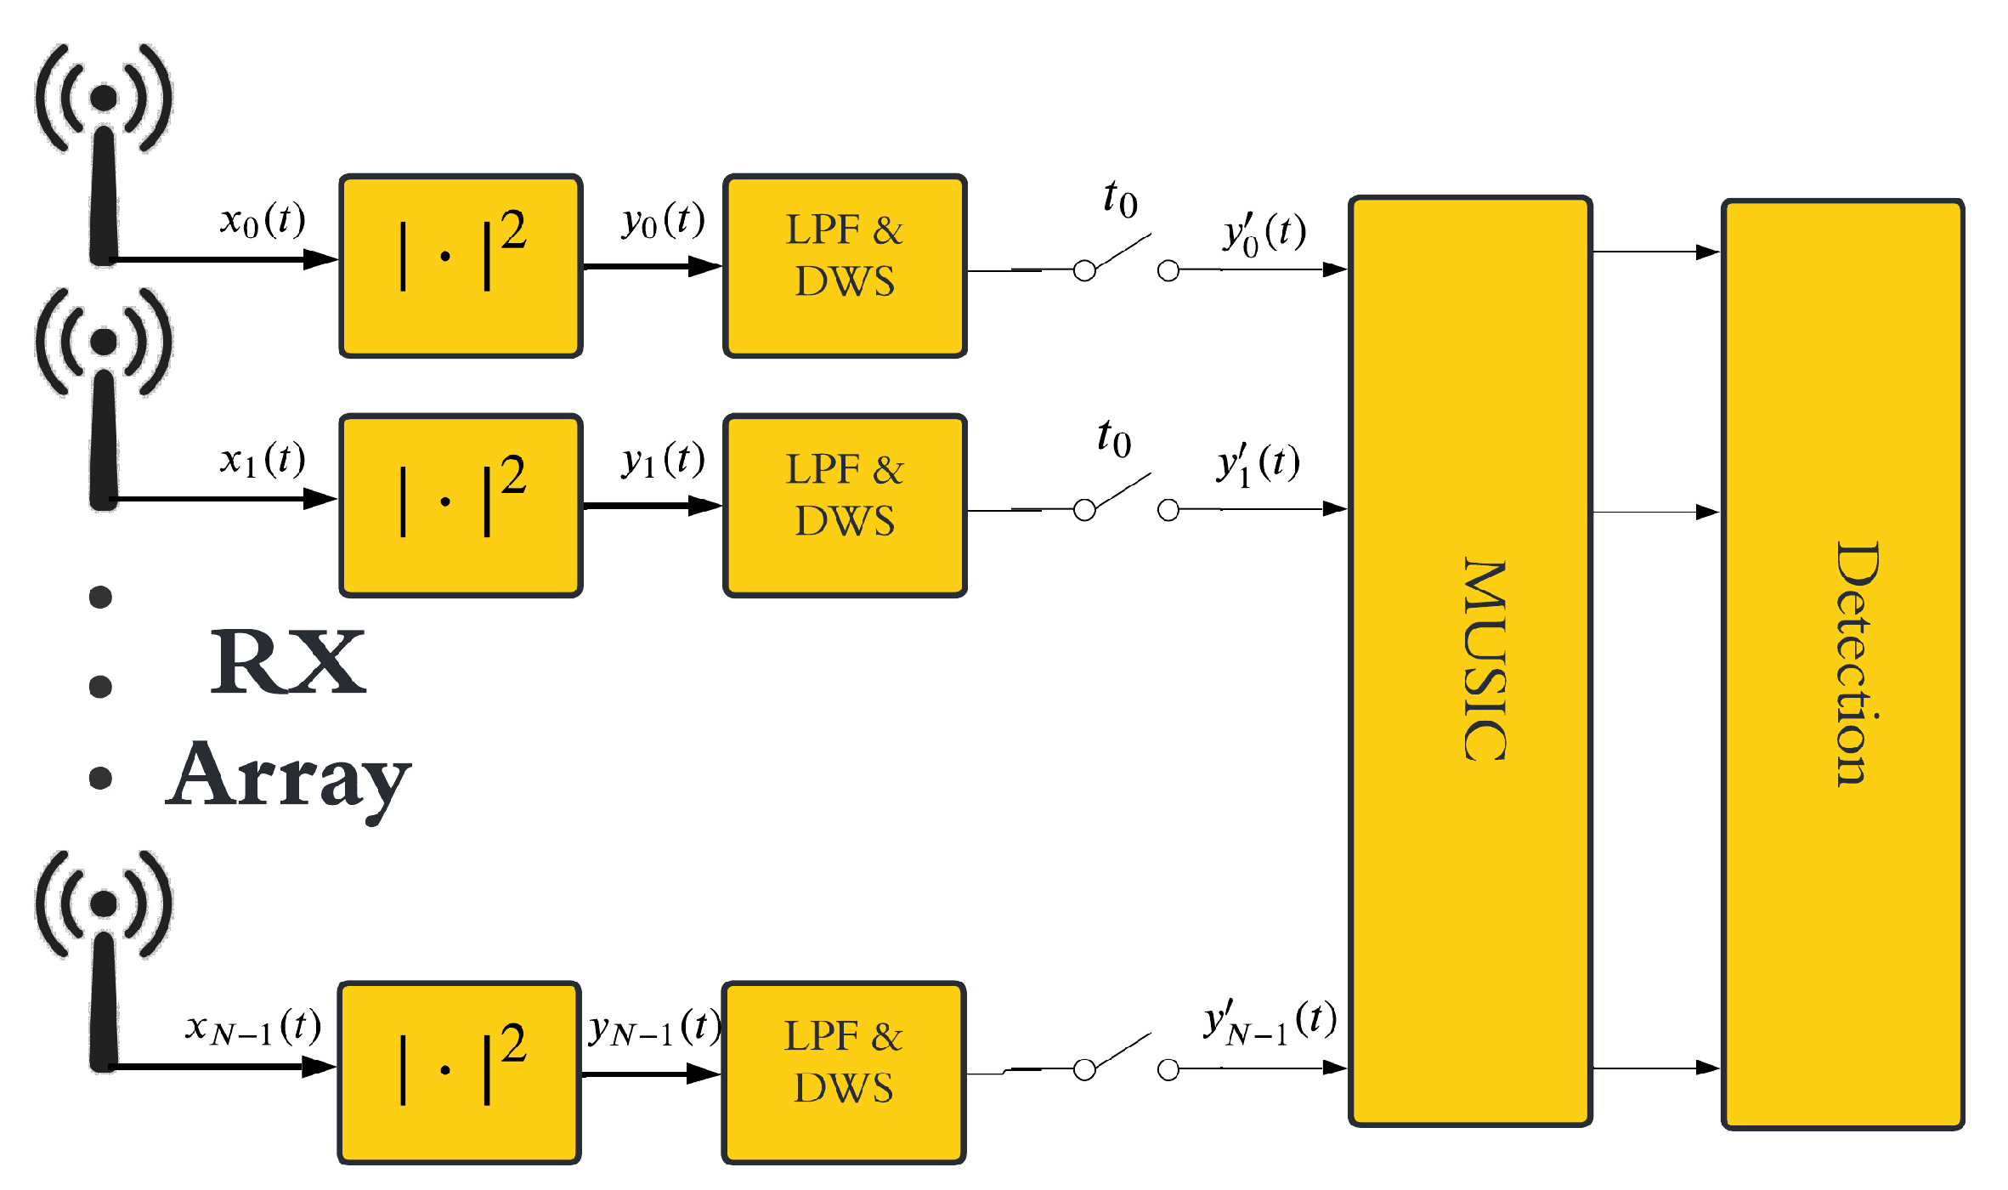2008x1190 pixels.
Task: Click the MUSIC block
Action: click(x=1470, y=661)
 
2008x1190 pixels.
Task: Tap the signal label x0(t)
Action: click(x=262, y=221)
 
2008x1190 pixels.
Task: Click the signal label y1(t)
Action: click(x=663, y=461)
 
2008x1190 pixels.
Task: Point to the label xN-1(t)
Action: click(x=253, y=1028)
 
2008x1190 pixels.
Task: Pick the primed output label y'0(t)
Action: click(x=1264, y=233)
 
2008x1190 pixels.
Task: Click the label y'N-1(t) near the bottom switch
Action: click(x=1270, y=1022)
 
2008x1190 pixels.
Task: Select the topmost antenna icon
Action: click(x=104, y=153)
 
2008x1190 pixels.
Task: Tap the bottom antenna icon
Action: click(x=104, y=960)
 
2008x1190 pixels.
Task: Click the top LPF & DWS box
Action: click(x=845, y=266)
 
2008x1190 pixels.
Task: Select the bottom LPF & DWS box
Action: click(x=843, y=1073)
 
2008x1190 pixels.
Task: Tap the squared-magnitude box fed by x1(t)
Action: click(x=461, y=506)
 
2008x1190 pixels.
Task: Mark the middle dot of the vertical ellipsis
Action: click(x=100, y=686)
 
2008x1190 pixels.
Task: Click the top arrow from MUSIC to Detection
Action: click(x=1655, y=252)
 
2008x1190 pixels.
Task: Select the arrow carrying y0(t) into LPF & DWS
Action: click(x=653, y=267)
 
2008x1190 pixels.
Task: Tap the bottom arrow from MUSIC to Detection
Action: click(x=1655, y=1068)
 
